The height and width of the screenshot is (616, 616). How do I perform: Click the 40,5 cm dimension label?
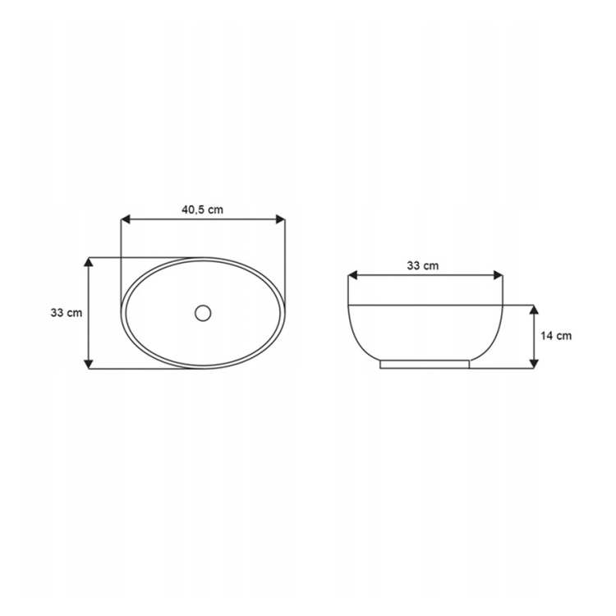tap(202, 209)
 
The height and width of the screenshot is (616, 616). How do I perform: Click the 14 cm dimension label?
tap(556, 336)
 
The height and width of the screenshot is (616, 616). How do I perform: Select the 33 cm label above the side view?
tap(423, 266)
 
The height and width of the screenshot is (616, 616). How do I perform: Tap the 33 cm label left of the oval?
tap(67, 313)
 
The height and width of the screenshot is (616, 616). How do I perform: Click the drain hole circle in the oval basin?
tap(203, 313)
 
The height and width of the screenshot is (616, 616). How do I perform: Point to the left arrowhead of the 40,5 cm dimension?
tap(126, 219)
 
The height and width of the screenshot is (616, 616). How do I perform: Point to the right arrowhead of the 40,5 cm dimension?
tap(280, 219)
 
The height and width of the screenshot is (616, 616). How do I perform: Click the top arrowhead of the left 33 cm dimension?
tap(90, 262)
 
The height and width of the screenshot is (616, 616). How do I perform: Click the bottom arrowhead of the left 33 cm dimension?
tap(90, 364)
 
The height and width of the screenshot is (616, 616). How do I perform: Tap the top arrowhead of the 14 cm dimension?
tap(533, 309)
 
